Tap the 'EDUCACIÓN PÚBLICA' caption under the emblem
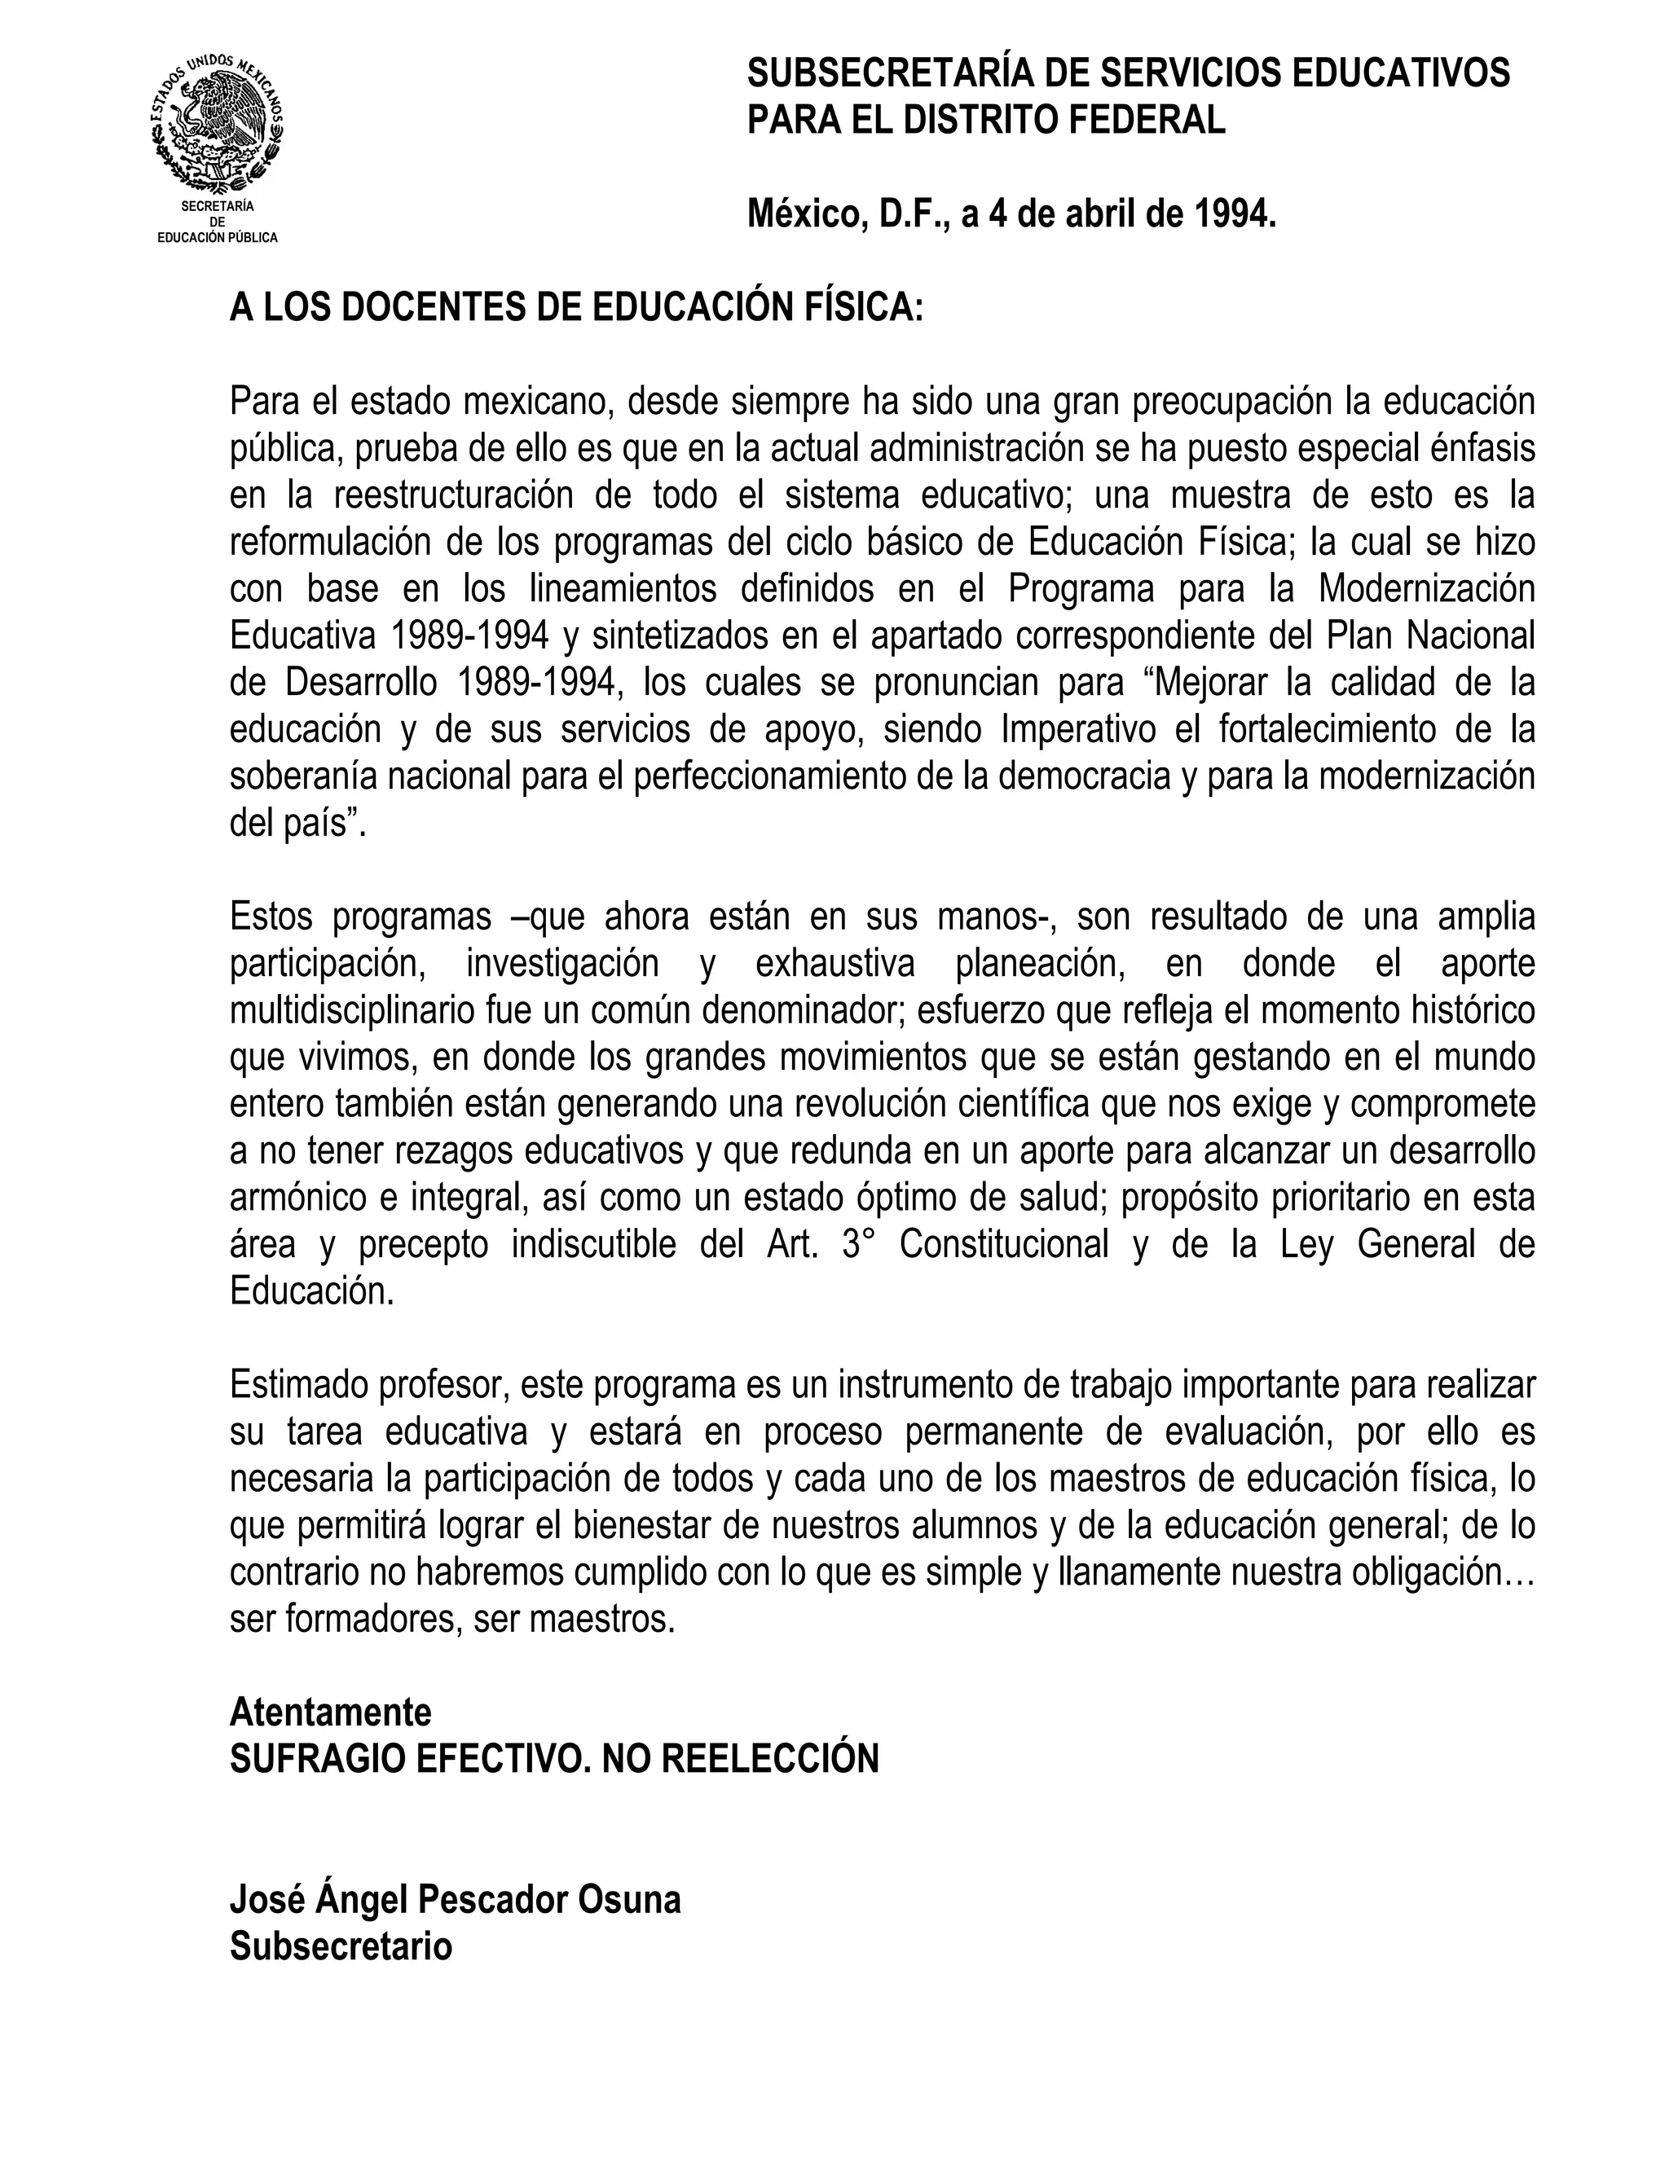coord(218,238)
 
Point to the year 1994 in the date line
coord(1234,213)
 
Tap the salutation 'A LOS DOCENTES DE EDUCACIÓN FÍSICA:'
coord(575,307)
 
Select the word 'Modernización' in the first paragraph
coord(1427,589)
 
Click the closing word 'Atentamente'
coord(330,1711)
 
